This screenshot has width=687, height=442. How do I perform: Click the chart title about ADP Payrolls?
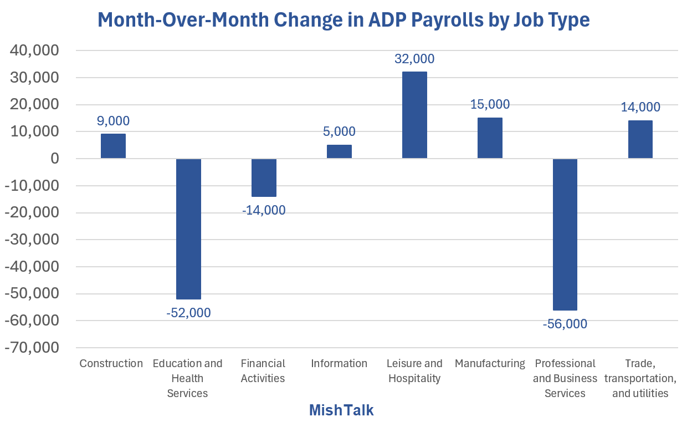click(343, 19)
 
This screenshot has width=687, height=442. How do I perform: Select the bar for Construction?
click(113, 146)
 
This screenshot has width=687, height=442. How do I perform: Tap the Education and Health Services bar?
click(188, 228)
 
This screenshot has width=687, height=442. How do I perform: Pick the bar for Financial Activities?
click(264, 177)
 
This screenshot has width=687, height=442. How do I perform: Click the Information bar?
click(339, 151)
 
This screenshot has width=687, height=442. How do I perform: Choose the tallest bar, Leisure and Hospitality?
click(414, 115)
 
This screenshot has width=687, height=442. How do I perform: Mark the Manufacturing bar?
click(490, 138)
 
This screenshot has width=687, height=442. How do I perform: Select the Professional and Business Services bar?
click(565, 234)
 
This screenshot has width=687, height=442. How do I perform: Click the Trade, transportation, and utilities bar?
click(640, 140)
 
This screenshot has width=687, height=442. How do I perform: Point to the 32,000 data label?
click(414, 59)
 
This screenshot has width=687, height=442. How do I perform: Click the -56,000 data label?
click(565, 324)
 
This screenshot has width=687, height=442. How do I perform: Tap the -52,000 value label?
click(188, 313)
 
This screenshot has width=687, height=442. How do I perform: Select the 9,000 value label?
click(113, 121)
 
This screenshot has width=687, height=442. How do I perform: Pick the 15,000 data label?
click(490, 104)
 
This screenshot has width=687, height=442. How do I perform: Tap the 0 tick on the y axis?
click(54, 159)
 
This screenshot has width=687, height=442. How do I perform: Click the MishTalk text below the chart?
click(341, 410)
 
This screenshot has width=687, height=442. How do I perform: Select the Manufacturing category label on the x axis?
click(490, 364)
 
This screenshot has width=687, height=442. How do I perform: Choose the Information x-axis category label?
click(339, 364)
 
